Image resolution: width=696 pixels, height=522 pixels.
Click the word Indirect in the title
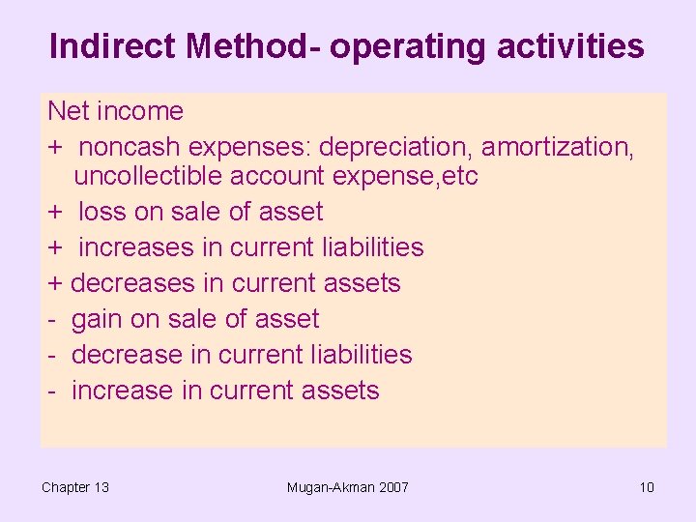(x=112, y=46)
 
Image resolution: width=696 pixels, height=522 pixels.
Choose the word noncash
(x=130, y=147)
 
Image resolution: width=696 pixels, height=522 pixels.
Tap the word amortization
(x=558, y=147)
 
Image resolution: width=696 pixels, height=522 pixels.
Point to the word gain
(x=101, y=320)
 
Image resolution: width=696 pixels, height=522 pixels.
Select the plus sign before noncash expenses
(x=55, y=148)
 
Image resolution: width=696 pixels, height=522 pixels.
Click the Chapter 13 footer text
(x=75, y=487)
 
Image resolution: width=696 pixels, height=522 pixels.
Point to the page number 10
(x=647, y=487)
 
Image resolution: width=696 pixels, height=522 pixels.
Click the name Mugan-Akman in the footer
(x=329, y=487)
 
